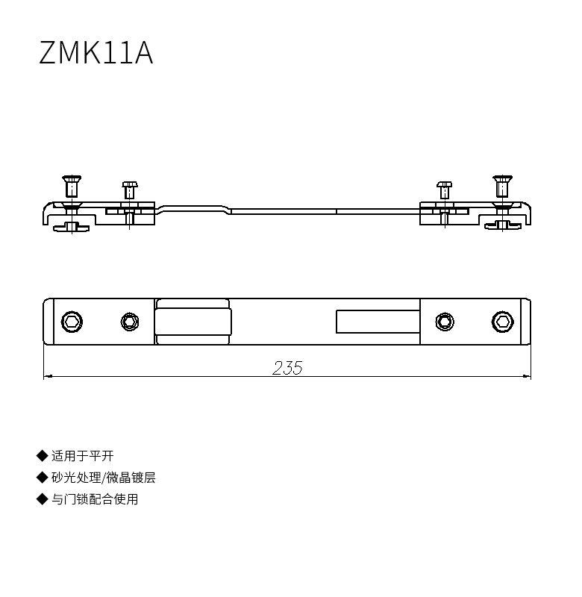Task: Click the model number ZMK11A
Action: tap(96, 52)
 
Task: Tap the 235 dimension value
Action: tap(288, 368)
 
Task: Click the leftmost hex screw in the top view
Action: tap(72, 322)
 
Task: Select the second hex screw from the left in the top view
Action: tap(130, 322)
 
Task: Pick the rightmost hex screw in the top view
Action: tap(502, 322)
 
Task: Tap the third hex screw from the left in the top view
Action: tap(445, 322)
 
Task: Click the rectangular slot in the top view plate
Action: tap(378, 322)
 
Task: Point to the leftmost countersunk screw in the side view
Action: tap(72, 186)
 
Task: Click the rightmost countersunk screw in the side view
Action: tap(502, 186)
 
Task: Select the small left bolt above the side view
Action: tap(130, 190)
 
